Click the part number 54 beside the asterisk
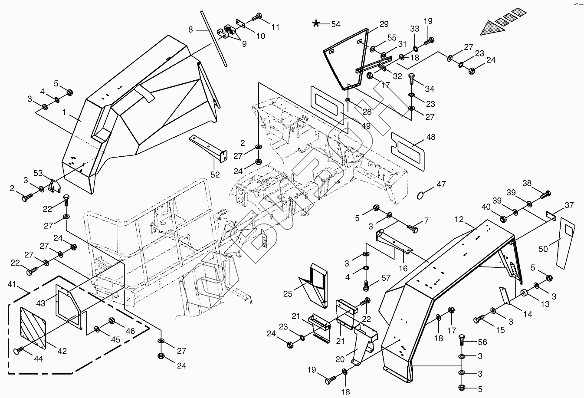(336, 24)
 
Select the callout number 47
(441, 184)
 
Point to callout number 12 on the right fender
(459, 220)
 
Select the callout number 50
(543, 249)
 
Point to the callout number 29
(384, 24)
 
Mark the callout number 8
(190, 30)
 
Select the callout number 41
(13, 285)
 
